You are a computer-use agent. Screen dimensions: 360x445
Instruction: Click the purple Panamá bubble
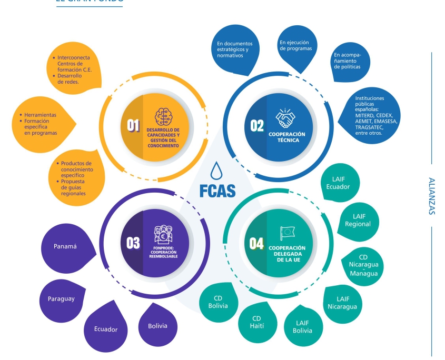coord(65,246)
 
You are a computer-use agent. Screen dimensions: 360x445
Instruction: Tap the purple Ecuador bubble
coord(105,329)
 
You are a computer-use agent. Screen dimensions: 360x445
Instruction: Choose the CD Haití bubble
coord(257,322)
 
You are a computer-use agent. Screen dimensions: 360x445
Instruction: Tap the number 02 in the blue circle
coord(257,125)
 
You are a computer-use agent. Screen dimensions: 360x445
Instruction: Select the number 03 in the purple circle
coord(133,243)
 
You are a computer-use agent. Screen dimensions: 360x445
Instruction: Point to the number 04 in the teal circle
coord(256,243)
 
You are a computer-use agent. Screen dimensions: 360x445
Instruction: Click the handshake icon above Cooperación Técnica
coord(288,118)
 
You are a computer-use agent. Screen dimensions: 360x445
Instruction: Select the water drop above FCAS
coord(215,171)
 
